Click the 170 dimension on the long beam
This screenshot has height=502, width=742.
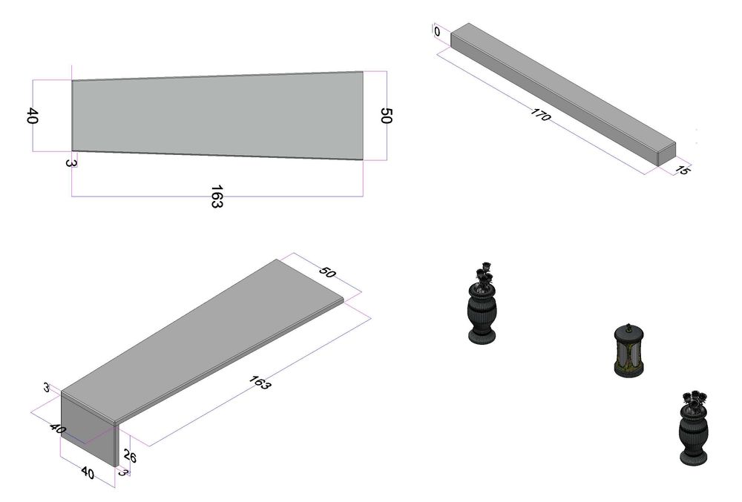coord(540,114)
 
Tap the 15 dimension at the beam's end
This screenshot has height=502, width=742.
coord(682,170)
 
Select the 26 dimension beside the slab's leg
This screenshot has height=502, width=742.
coord(130,456)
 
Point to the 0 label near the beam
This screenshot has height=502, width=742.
coord(437,31)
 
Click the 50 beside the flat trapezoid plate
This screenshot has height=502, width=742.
coord(386,116)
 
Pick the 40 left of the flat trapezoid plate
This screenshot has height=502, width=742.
coord(31,116)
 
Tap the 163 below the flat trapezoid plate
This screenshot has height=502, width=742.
coord(216,196)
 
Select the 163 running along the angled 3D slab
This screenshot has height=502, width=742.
coord(259,383)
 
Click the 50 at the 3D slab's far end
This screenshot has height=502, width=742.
coord(327,272)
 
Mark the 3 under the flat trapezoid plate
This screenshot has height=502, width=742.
coord(70,163)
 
